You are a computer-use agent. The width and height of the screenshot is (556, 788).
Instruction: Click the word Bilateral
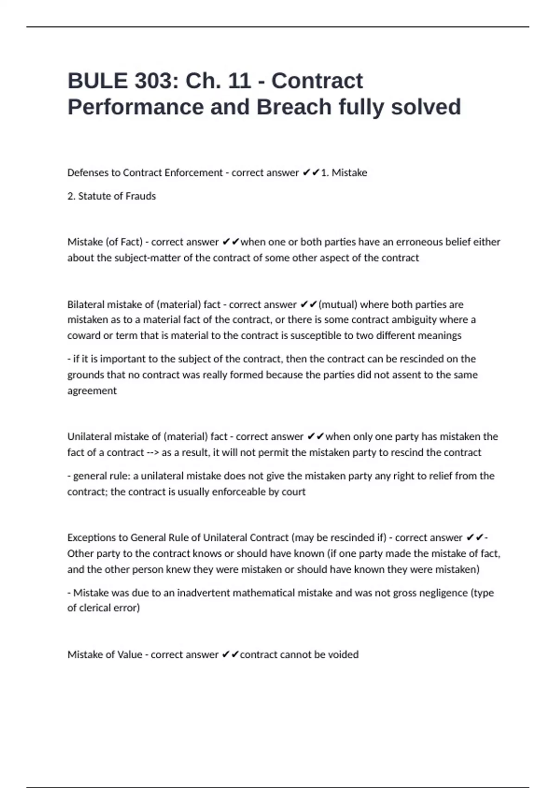86,305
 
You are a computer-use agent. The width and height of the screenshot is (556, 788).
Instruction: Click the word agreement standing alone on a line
92,391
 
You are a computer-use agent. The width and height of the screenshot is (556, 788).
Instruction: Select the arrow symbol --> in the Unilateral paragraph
152,452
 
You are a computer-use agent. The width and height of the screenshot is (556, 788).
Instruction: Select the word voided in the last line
343,655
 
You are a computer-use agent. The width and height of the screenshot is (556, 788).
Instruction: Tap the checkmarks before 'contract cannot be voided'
230,655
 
